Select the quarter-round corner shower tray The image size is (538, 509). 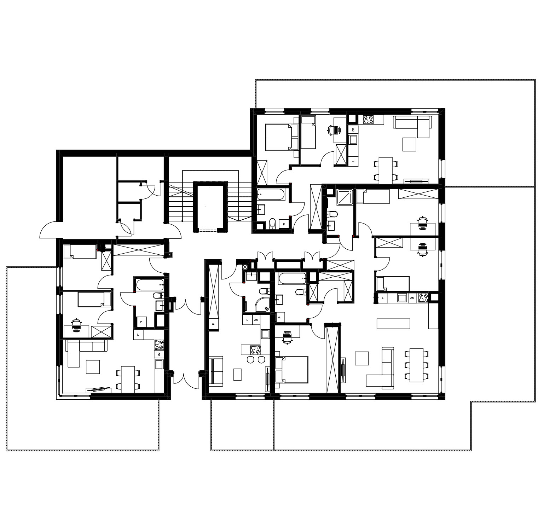263,304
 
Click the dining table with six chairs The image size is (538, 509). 416,365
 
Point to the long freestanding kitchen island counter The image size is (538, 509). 393,324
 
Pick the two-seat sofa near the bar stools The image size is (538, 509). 216,370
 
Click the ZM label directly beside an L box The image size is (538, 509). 256,320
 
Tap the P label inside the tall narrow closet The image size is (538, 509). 213,324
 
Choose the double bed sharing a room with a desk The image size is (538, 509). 292,370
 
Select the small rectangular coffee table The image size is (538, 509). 237,374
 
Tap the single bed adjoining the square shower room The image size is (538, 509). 372,197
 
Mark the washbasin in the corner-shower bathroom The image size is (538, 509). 252,277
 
